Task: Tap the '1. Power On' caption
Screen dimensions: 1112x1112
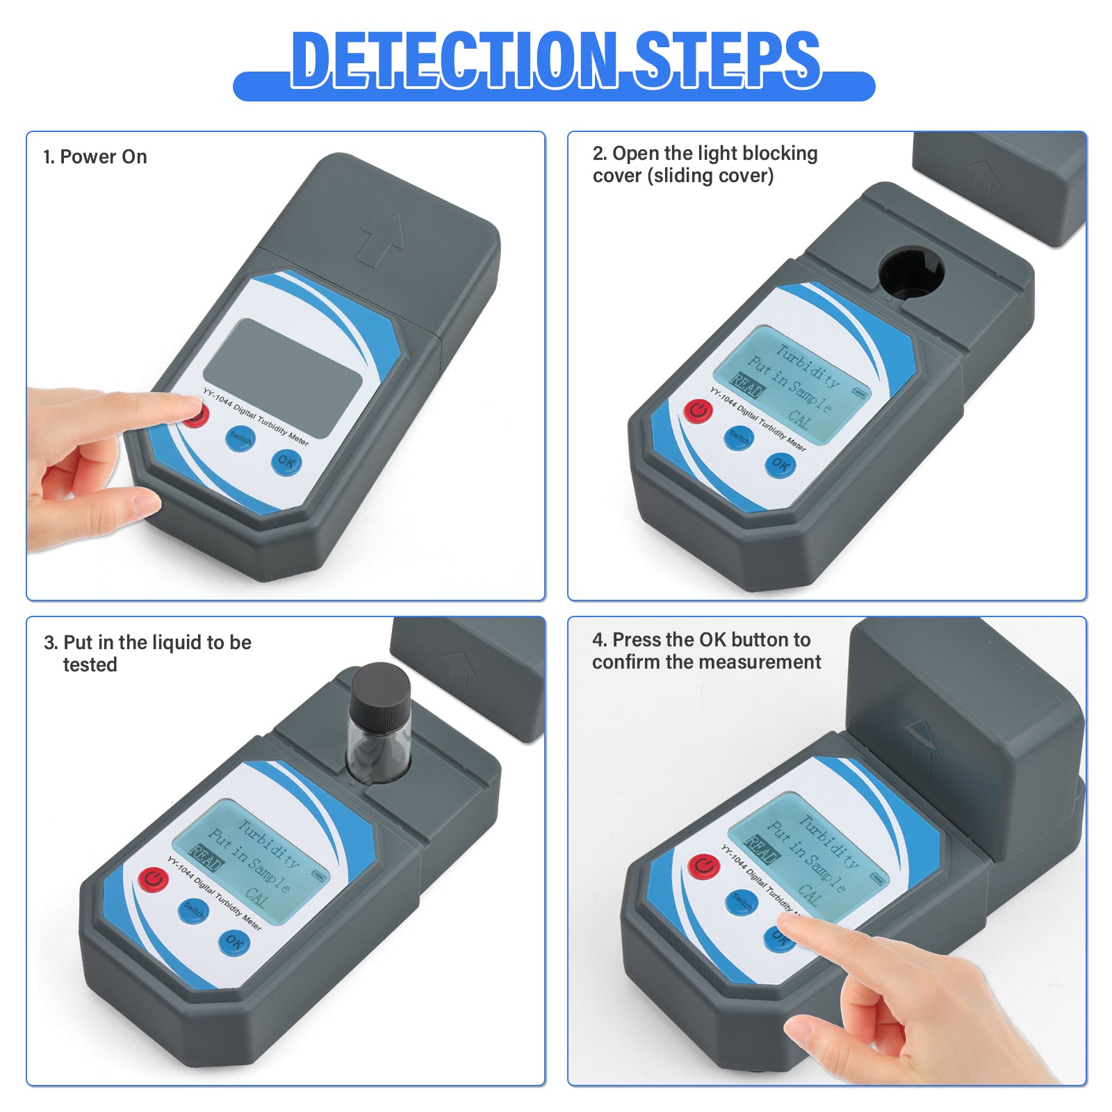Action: [95, 157]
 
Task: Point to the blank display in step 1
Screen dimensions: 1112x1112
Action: [284, 377]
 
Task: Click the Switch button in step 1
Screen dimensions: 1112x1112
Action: [240, 439]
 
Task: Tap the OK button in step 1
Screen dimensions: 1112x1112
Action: [286, 462]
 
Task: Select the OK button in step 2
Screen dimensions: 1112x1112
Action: [780, 464]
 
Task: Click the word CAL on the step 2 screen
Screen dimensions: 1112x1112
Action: [800, 419]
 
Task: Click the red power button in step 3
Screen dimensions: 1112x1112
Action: [153, 879]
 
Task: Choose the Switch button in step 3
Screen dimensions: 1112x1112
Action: [193, 910]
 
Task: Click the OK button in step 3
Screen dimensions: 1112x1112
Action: [234, 942]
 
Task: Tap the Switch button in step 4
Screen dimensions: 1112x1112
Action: [742, 901]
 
